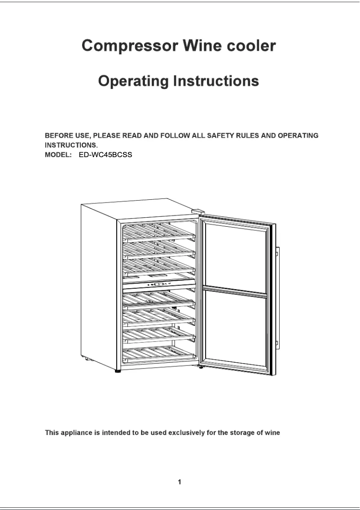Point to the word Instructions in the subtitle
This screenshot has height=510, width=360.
coord(216,81)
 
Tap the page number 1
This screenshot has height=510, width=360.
coord(180,483)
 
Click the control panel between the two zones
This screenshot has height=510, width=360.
coord(159,284)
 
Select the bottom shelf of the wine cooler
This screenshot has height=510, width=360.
coord(159,355)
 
